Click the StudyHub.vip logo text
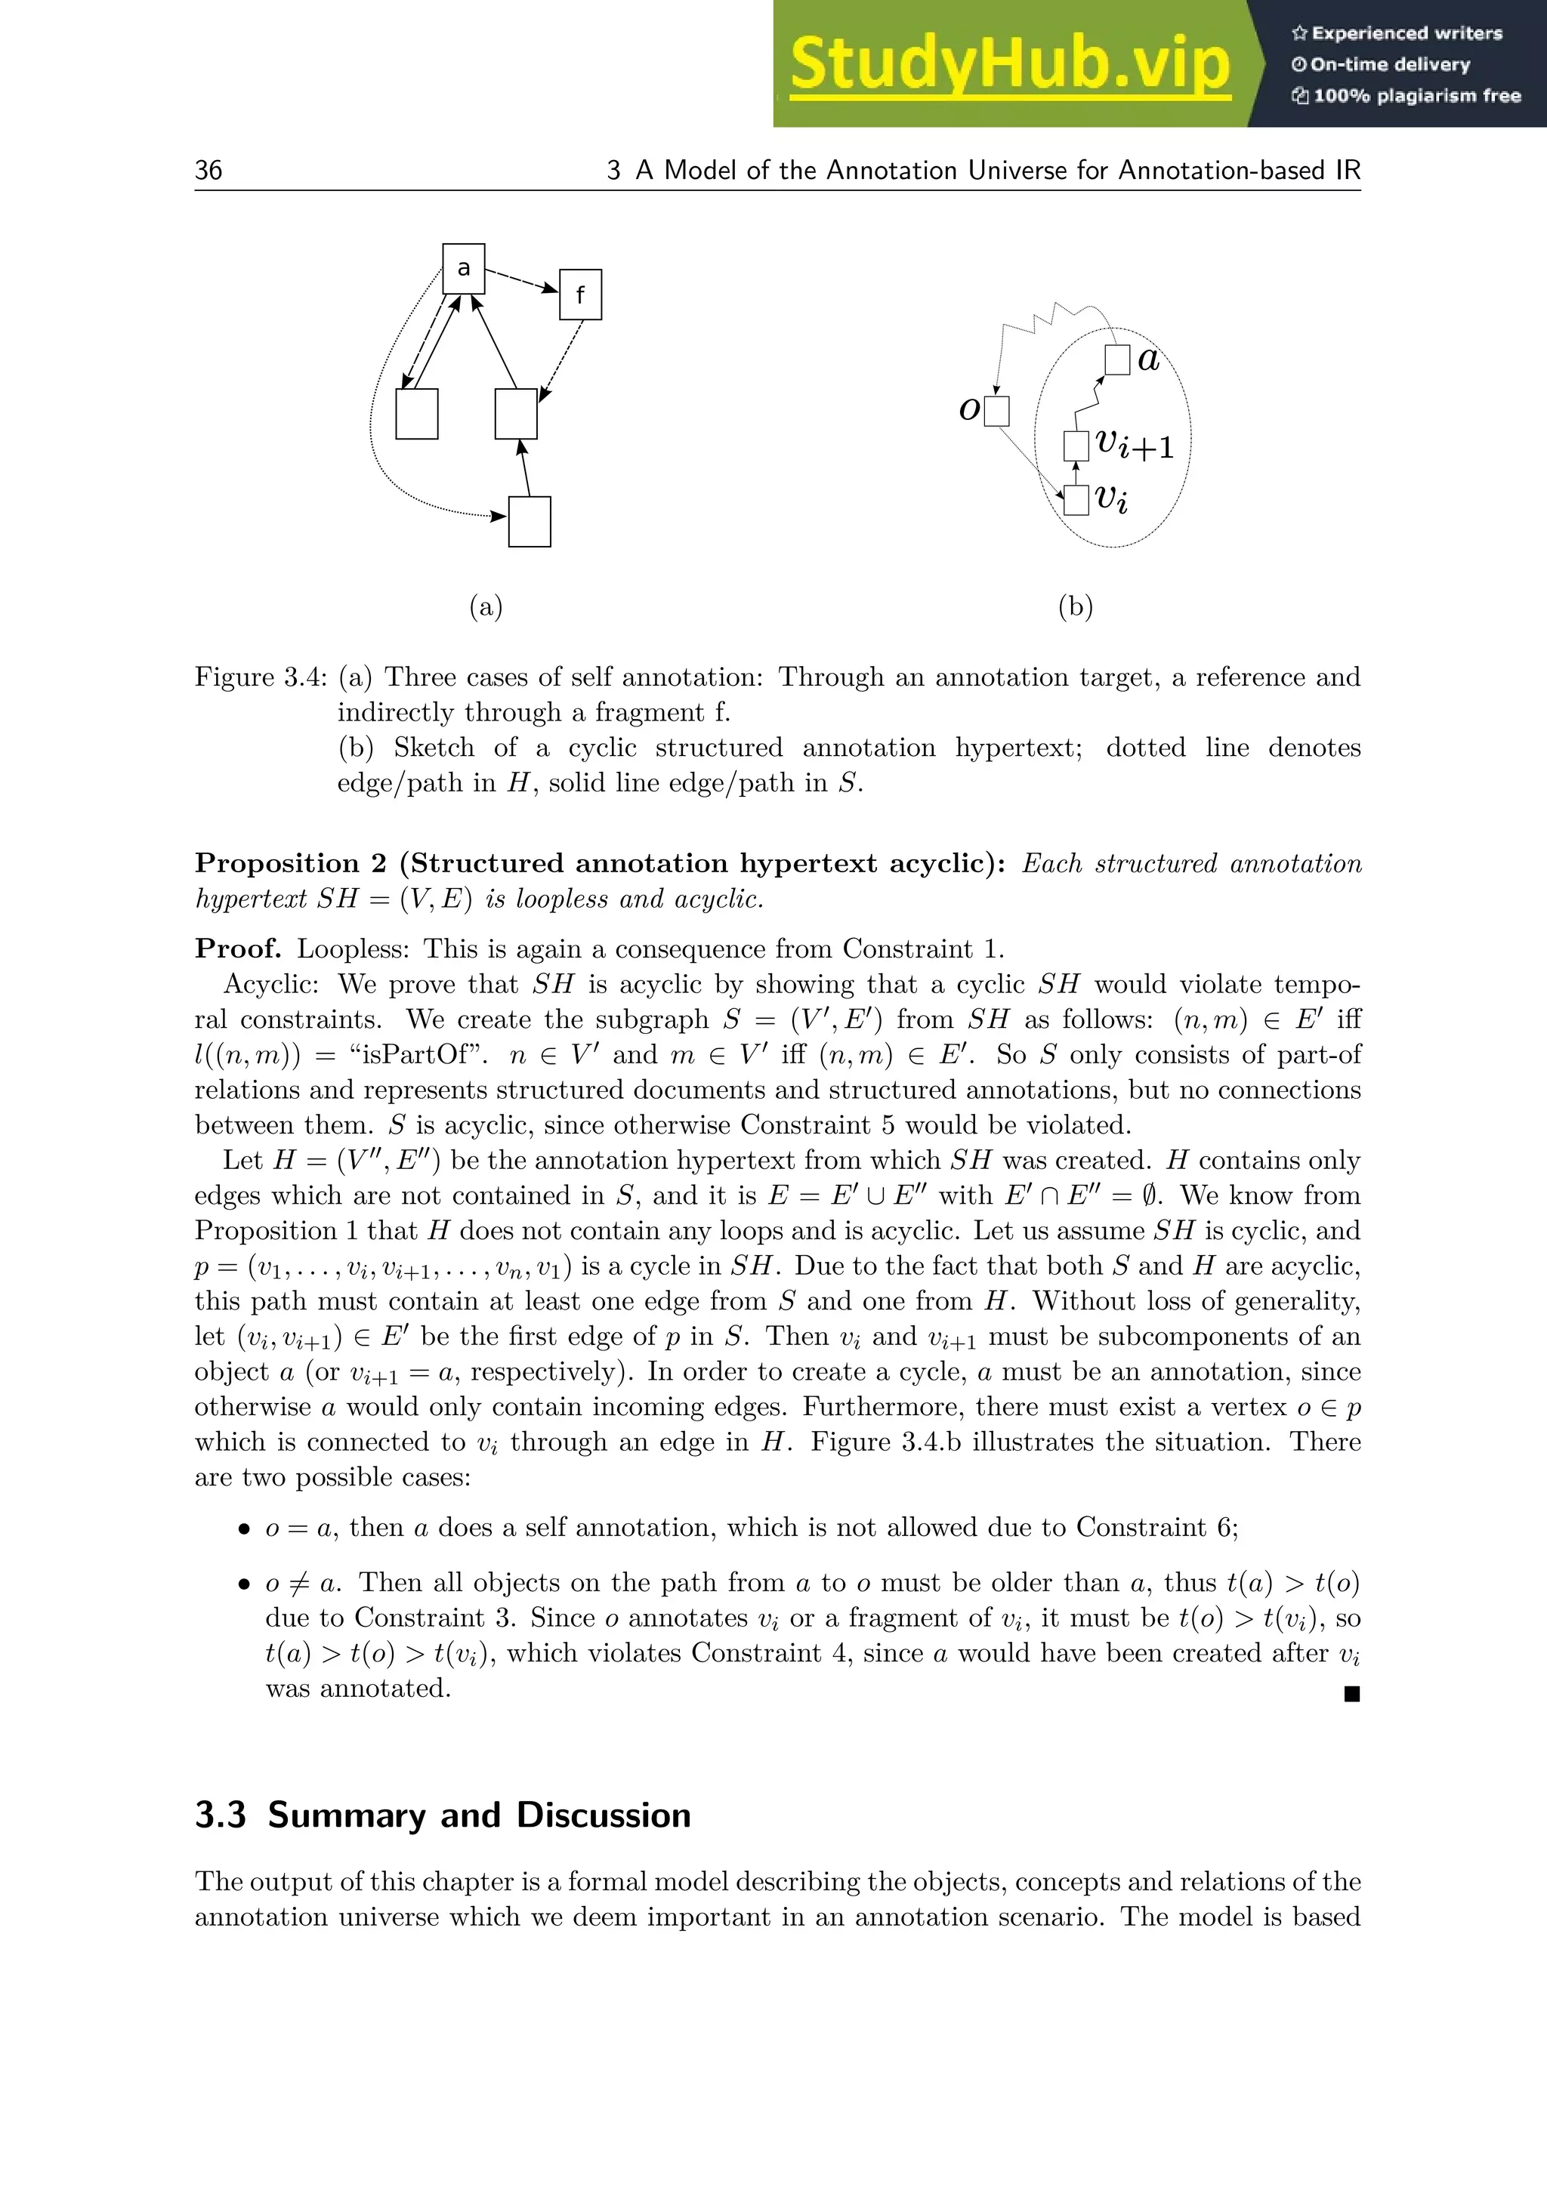tap(1010, 65)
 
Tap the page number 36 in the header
tap(208, 171)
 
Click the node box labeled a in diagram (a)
tap(464, 269)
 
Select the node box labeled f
tap(580, 295)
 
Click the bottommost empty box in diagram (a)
tap(530, 522)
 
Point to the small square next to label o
tap(996, 411)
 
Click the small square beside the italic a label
tap(1117, 360)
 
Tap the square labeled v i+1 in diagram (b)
tap(1076, 446)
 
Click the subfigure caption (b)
tap(1076, 606)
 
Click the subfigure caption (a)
tap(486, 606)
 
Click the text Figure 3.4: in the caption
tap(260, 677)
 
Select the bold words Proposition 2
tap(291, 863)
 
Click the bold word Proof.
tap(238, 949)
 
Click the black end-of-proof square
tap(1351, 1694)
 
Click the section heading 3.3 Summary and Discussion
tap(443, 1815)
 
